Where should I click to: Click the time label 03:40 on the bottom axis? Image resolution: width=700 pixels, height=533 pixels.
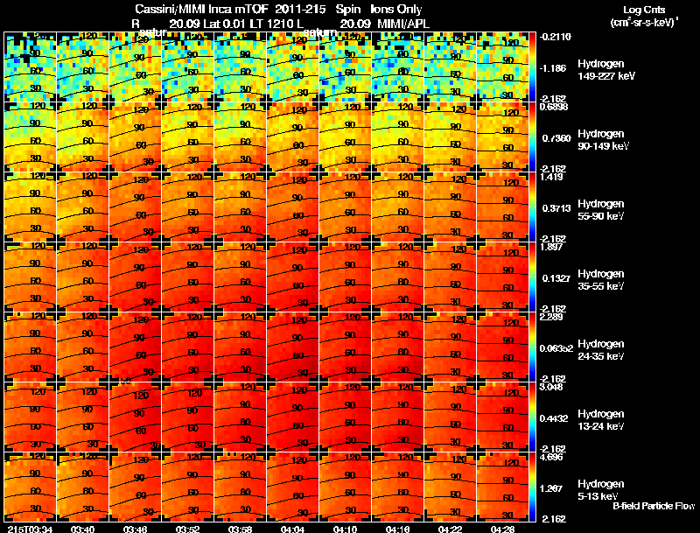(83, 529)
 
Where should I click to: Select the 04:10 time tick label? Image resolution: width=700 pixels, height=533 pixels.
(345, 529)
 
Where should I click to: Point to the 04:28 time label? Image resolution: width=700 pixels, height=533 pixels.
(503, 529)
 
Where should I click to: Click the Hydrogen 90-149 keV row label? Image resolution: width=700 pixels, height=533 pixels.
(600, 140)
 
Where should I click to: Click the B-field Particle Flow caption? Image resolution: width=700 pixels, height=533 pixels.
(653, 506)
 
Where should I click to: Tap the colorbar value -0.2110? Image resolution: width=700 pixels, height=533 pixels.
(554, 37)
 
